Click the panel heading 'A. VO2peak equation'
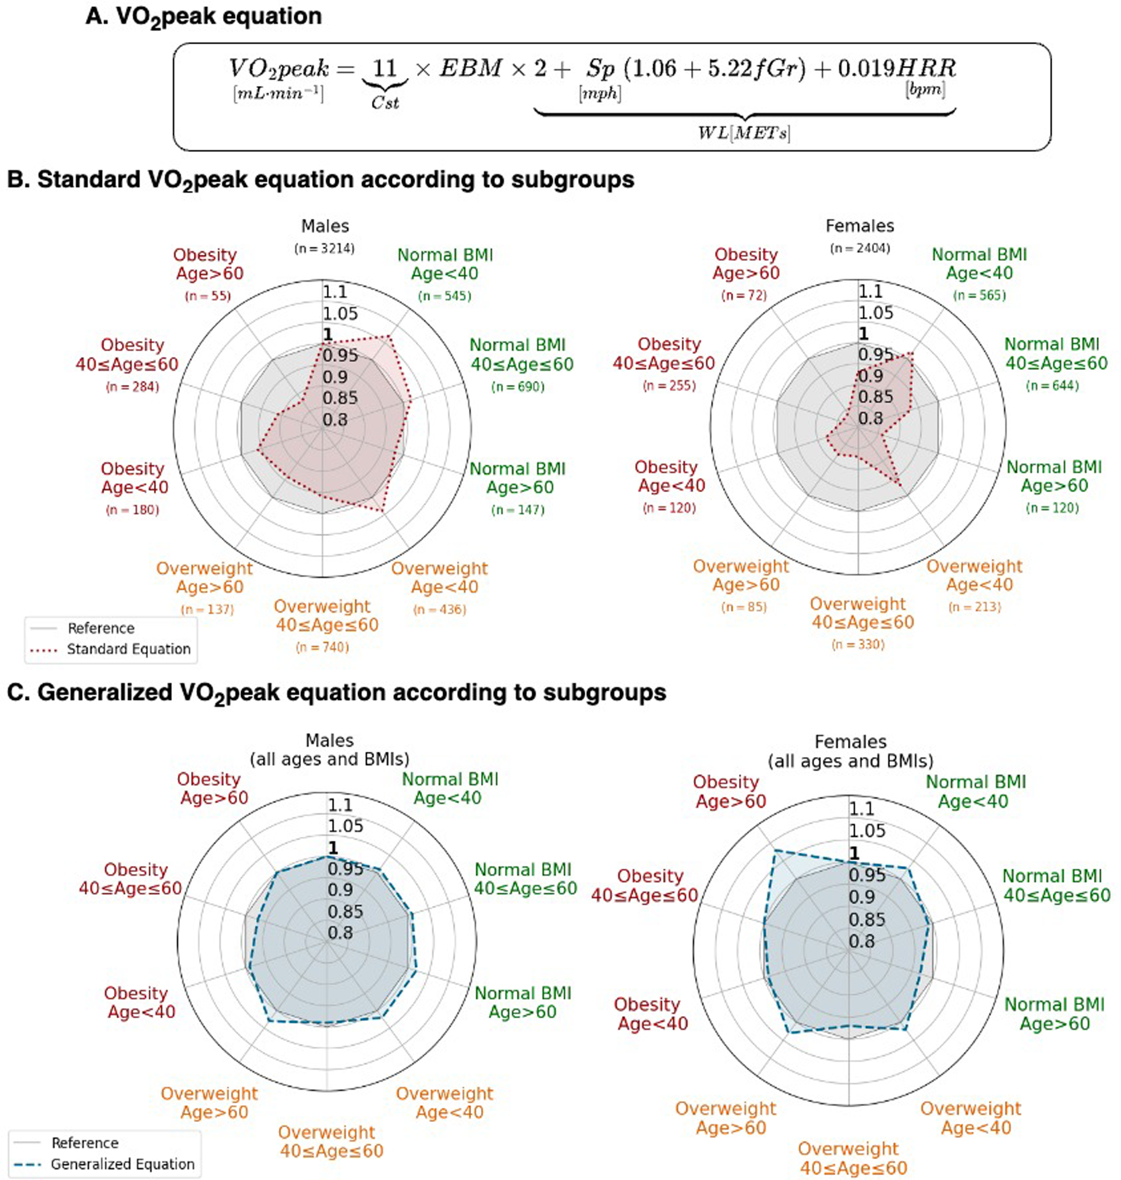point(203,17)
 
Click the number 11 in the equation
point(385,68)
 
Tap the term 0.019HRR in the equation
point(896,68)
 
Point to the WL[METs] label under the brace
point(744,133)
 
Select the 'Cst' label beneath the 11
point(385,103)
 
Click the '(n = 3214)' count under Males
point(324,248)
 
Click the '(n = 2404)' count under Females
point(860,248)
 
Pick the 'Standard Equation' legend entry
point(129,649)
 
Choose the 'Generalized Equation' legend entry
point(122,1164)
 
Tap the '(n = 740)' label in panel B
point(322,648)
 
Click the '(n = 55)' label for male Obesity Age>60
point(208,296)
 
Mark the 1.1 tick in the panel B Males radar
point(335,292)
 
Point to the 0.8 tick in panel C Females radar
point(862,941)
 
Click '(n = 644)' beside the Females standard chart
point(1052,386)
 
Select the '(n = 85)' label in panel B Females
point(744,607)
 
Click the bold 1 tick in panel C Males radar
point(333,847)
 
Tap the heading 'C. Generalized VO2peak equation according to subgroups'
point(337,693)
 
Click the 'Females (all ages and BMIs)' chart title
point(850,751)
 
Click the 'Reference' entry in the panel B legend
point(101,628)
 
